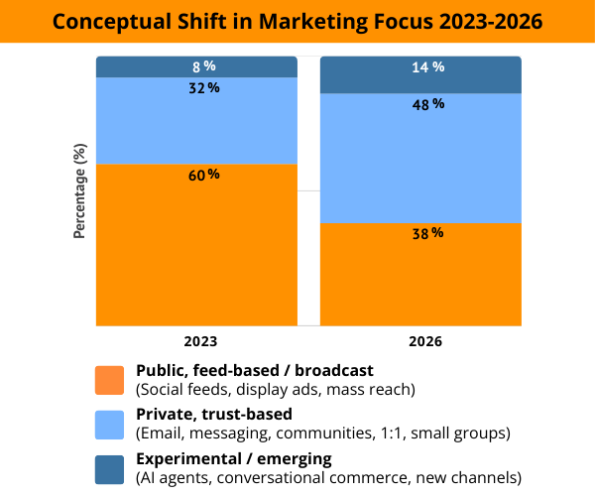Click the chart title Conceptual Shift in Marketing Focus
coord(297,22)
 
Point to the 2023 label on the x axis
coord(196,340)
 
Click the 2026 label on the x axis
coord(421,340)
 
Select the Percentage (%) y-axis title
coord(79,190)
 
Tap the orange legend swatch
coord(110,379)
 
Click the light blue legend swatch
coord(110,425)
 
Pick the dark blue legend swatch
coord(110,469)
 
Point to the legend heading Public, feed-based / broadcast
coord(254,370)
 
